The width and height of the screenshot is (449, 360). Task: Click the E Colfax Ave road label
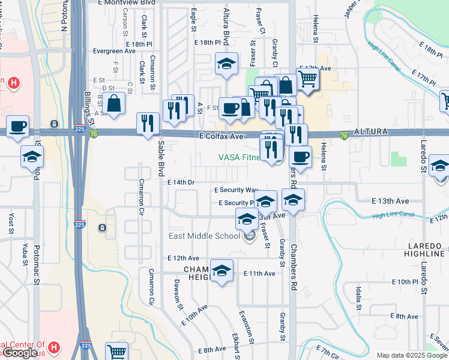(221, 137)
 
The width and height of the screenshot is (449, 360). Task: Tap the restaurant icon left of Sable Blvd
(148, 124)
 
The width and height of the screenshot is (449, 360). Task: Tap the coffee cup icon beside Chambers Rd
(300, 157)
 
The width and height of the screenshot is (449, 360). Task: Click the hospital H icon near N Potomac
(10, 82)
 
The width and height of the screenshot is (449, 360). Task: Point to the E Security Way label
(235, 190)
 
